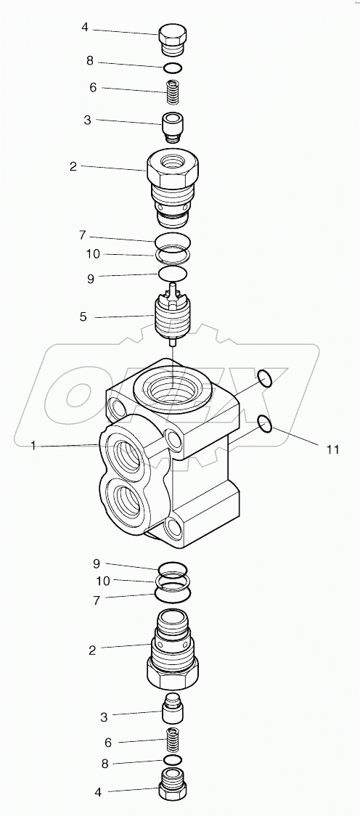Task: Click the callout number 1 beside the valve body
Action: (x=33, y=446)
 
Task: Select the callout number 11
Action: (x=332, y=450)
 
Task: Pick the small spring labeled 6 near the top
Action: (x=172, y=93)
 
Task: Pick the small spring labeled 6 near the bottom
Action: (x=172, y=742)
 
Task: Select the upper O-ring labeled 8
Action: (x=172, y=69)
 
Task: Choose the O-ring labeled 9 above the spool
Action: (x=172, y=274)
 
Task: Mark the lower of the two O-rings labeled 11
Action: (x=266, y=423)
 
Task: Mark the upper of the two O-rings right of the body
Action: (x=265, y=378)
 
